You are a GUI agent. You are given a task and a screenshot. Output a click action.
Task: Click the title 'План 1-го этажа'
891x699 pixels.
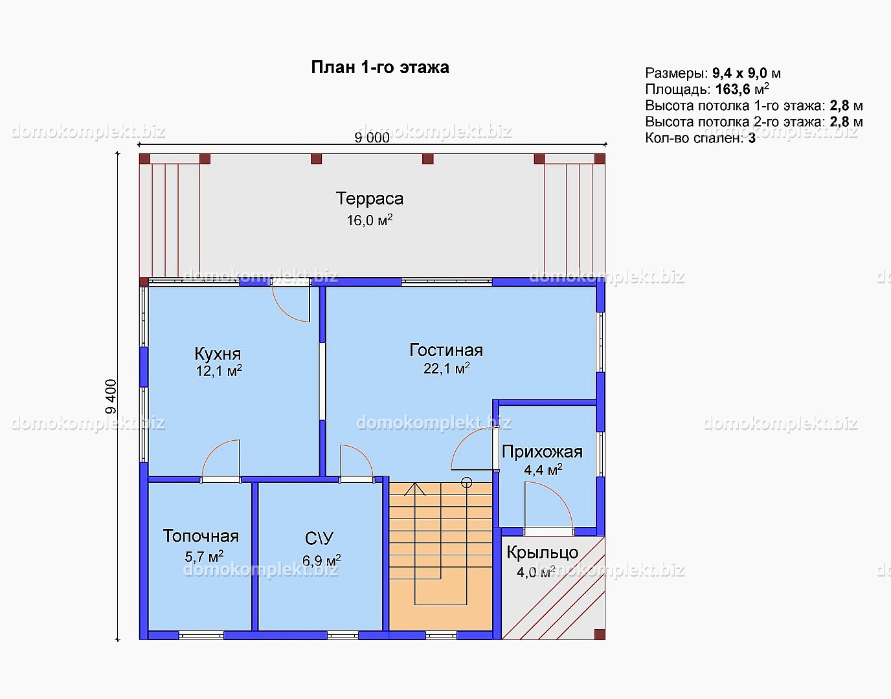(380, 67)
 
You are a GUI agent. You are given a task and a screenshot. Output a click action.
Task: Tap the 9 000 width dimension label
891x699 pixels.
(372, 138)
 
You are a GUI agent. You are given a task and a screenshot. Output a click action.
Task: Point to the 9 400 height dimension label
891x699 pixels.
(111, 397)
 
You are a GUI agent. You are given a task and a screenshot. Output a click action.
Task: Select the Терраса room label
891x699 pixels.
(370, 199)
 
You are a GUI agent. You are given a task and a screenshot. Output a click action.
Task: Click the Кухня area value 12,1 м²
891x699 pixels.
(219, 370)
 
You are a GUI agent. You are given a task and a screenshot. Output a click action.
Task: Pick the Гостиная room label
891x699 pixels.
(446, 350)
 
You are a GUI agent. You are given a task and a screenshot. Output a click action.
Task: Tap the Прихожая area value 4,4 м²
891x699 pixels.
(543, 469)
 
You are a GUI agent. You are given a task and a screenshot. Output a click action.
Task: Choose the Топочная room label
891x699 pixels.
(201, 536)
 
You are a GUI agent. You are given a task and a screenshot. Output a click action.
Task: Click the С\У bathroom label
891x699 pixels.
(319, 538)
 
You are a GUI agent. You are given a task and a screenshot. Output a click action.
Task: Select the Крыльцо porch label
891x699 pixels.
(543, 553)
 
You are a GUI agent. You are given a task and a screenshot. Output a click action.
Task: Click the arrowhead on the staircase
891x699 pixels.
(415, 489)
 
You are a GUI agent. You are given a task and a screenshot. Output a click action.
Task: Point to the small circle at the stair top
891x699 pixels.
(467, 483)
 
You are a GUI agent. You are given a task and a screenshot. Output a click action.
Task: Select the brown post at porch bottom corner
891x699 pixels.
(600, 634)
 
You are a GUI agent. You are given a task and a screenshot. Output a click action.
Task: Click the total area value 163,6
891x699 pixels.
(732, 89)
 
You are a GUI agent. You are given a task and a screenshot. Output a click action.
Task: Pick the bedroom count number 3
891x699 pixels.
(752, 138)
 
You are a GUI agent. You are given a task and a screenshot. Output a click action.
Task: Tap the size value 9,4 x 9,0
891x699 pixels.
(739, 73)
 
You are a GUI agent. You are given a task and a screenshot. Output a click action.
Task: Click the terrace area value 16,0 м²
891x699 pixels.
(370, 220)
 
